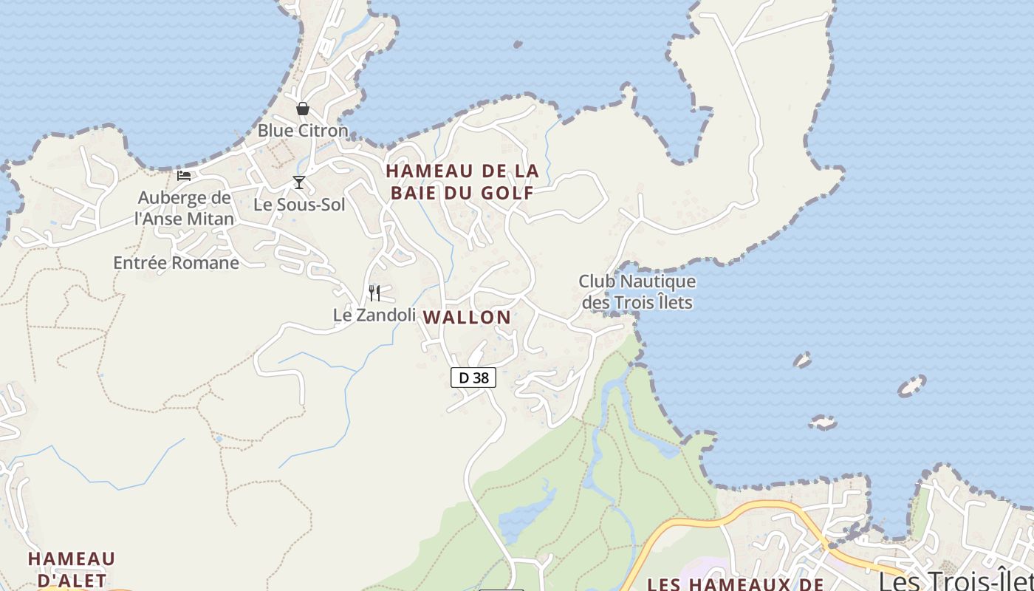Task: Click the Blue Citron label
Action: pyautogui.click(x=302, y=131)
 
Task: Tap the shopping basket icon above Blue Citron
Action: pyautogui.click(x=302, y=109)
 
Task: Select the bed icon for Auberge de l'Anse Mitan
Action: pyautogui.click(x=184, y=176)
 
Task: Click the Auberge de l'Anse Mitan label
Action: pyautogui.click(x=184, y=208)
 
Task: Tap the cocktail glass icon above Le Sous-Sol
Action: pyautogui.click(x=298, y=182)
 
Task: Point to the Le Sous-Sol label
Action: pyautogui.click(x=299, y=205)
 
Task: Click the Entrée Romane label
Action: pyautogui.click(x=176, y=262)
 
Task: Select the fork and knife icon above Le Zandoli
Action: pyautogui.click(x=374, y=293)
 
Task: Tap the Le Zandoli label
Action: pyautogui.click(x=374, y=315)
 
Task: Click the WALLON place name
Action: pyautogui.click(x=466, y=318)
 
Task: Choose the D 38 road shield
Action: pyautogui.click(x=473, y=378)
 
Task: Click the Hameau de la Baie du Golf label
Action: pyautogui.click(x=462, y=182)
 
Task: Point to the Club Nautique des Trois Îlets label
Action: pyautogui.click(x=637, y=292)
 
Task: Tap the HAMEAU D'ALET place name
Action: pyautogui.click(x=72, y=569)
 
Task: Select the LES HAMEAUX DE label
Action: pyautogui.click(x=735, y=584)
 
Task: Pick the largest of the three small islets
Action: pyautogui.click(x=911, y=386)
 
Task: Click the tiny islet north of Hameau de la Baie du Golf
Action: pyautogui.click(x=518, y=44)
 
